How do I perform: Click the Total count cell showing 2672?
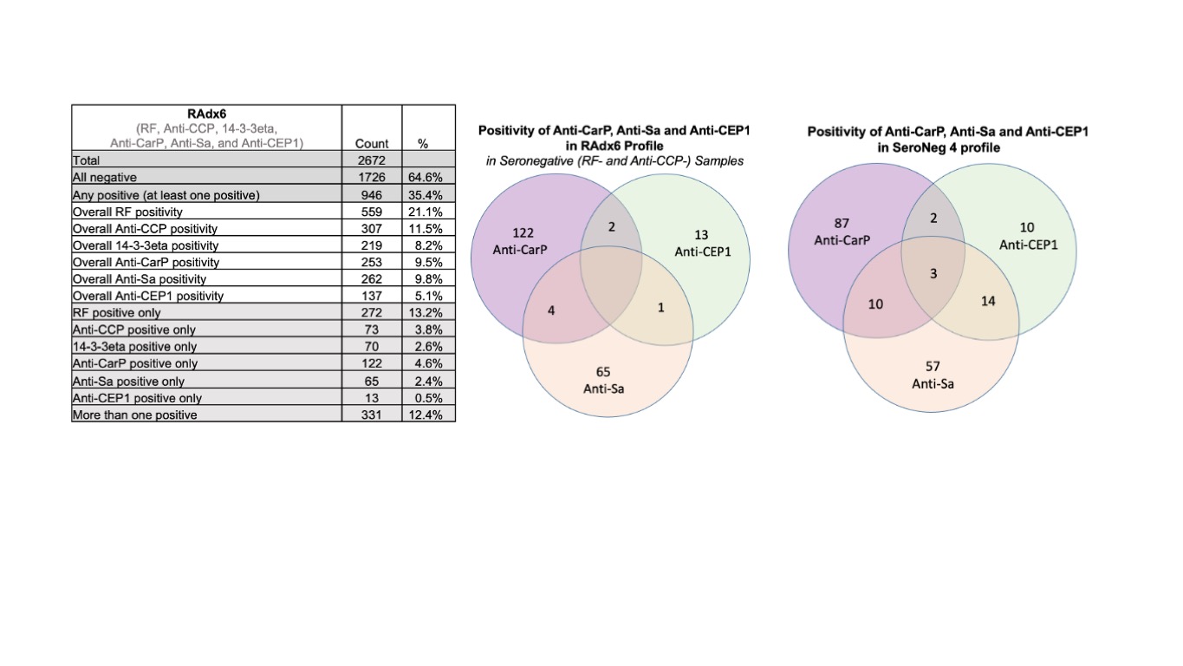[372, 160]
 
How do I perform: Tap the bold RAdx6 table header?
[206, 114]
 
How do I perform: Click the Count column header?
[372, 144]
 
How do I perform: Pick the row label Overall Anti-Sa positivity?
[140, 279]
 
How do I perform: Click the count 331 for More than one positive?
[372, 415]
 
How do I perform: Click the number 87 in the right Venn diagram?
[842, 224]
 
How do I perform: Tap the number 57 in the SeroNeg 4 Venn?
[933, 367]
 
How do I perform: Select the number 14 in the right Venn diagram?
[988, 301]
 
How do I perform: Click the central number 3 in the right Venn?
[933, 274]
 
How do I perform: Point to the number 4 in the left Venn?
[551, 310]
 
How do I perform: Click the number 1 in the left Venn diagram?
[660, 307]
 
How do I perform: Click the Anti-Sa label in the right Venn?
[933, 382]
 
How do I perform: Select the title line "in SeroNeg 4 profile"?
[947, 147]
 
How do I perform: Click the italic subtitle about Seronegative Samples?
[614, 161]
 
